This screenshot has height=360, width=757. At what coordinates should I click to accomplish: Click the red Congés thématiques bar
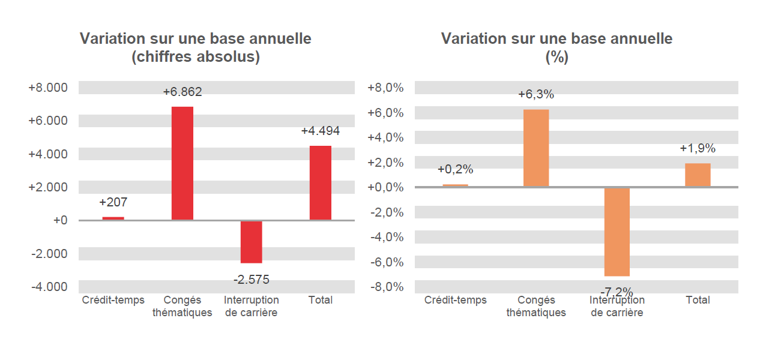point(182,163)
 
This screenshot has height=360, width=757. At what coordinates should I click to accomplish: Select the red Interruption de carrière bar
point(251,242)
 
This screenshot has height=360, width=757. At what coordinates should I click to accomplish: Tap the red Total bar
point(320,183)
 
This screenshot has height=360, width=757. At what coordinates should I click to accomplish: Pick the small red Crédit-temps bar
point(113,218)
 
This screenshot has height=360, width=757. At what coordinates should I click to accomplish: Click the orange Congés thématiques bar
point(535,148)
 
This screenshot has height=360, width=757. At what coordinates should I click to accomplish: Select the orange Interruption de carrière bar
point(617,232)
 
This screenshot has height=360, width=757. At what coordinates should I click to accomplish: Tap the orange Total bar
point(698,175)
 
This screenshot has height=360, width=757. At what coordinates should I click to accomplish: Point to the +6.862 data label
point(182,92)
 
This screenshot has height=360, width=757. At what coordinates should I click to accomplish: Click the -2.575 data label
point(251,279)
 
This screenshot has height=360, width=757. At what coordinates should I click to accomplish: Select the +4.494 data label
point(320,131)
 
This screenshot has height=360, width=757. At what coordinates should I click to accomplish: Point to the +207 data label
point(113,202)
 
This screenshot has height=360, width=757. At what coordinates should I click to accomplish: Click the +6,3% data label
point(536,94)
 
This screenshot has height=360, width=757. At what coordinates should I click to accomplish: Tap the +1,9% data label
point(698,148)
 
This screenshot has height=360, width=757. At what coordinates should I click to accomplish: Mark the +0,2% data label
point(455,169)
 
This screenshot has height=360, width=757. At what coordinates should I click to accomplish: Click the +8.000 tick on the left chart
point(48,88)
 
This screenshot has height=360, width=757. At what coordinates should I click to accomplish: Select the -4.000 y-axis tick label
point(49,287)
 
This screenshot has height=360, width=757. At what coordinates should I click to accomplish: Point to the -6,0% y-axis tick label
point(386,262)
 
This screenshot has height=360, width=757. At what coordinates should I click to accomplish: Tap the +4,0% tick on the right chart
point(386,137)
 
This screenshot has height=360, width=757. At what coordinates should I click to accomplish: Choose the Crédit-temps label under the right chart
point(455,300)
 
